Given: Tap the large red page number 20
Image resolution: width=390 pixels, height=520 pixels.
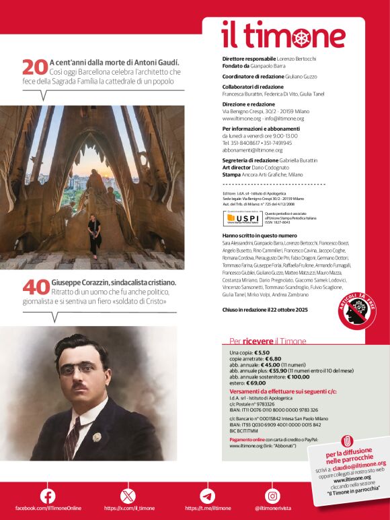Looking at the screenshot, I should pos(35,67).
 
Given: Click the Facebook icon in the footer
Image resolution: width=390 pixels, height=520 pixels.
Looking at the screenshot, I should pos(48,496).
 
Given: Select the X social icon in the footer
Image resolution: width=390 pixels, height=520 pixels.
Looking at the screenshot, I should pos(128,496).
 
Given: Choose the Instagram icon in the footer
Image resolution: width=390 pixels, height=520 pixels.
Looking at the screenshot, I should pos(272,496).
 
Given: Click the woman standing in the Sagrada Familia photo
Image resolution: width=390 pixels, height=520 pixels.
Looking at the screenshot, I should pos(95,235).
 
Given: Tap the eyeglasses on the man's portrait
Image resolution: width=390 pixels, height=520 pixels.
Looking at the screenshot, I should pos(81,368).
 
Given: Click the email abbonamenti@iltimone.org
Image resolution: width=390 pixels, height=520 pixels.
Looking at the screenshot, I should pos(253,150).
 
